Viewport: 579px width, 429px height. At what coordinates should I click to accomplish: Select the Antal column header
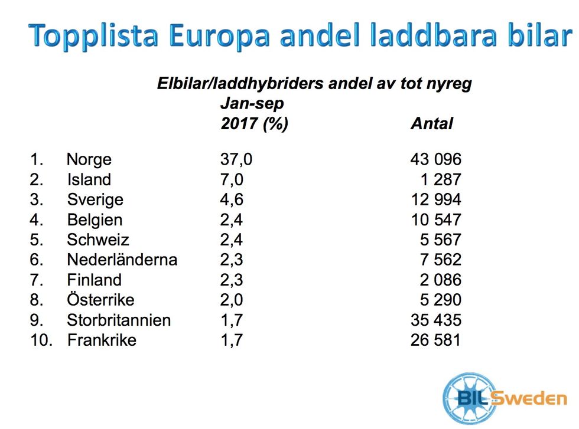[431, 124]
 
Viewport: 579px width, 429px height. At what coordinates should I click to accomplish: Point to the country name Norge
[89, 160]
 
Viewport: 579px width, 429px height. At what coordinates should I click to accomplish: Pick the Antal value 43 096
[435, 160]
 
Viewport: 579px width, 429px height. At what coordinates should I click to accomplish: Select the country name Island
[89, 180]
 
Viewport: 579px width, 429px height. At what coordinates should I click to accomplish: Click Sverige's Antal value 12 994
[435, 200]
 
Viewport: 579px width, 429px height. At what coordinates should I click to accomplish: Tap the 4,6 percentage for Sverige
[232, 200]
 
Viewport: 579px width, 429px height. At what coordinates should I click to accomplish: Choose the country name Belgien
[95, 220]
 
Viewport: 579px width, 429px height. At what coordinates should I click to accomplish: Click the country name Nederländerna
[122, 260]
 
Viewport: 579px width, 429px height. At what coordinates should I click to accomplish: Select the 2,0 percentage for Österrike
[232, 300]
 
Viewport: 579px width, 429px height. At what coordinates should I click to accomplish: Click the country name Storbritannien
[119, 320]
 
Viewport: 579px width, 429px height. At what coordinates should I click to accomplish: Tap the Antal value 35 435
[435, 320]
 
